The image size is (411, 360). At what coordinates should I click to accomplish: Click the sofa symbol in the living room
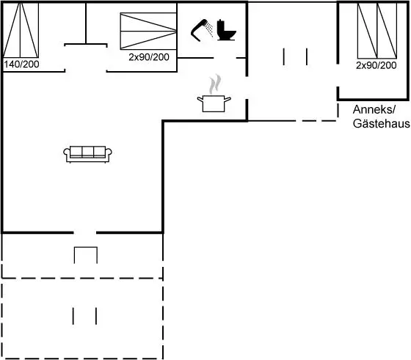click(x=87, y=155)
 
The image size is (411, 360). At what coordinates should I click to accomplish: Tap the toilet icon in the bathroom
click(x=227, y=30)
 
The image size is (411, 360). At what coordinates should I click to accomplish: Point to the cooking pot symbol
click(x=214, y=103)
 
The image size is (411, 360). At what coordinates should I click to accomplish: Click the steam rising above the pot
click(x=215, y=84)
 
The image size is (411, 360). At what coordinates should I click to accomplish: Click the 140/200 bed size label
click(x=21, y=64)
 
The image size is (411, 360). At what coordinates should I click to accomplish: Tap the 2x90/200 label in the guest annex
click(x=376, y=65)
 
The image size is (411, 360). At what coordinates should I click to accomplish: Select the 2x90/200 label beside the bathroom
click(x=149, y=57)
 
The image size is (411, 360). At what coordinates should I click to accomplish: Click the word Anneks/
click(x=374, y=109)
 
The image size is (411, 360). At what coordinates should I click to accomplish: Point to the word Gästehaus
click(x=382, y=124)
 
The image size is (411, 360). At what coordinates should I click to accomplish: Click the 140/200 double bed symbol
click(x=21, y=30)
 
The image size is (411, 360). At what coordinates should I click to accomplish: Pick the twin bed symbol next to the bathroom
click(x=148, y=31)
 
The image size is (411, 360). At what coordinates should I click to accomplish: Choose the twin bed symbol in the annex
click(x=377, y=31)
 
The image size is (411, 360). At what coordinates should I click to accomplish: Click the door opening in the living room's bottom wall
click(x=84, y=232)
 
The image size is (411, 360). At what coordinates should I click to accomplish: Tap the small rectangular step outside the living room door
click(x=86, y=254)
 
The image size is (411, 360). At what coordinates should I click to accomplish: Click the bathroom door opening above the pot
click(x=225, y=58)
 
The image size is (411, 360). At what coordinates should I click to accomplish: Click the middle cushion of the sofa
click(x=88, y=152)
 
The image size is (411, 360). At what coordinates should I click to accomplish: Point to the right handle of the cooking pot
click(x=228, y=99)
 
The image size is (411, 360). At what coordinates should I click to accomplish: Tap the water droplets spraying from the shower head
click(x=209, y=29)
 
